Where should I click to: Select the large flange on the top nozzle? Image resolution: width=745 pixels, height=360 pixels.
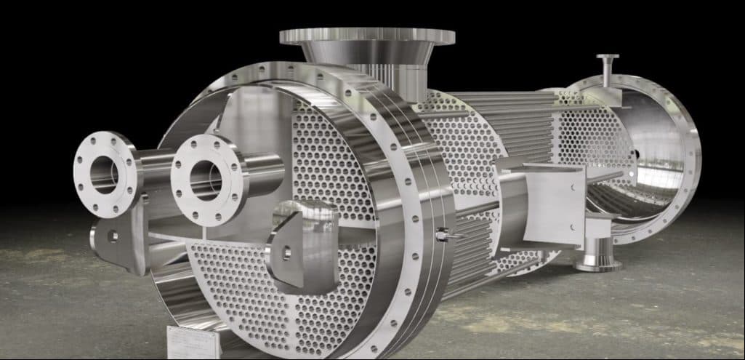(x=366, y=36)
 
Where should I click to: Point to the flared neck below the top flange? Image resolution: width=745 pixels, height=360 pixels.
(x=368, y=54)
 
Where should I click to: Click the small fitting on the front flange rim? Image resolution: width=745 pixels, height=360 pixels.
(x=444, y=233)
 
